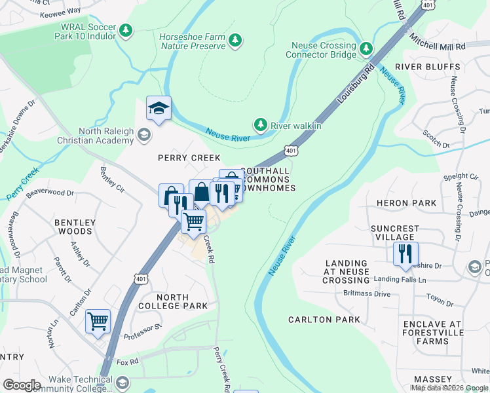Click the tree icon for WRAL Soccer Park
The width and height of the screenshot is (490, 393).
[x=126, y=30]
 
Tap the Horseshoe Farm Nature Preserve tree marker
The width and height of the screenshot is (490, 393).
[x=235, y=41]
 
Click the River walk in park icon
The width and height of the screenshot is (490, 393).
[x=261, y=124]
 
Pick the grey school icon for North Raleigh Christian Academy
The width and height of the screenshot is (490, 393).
[x=143, y=136]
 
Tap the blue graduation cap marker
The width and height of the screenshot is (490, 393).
[x=158, y=109]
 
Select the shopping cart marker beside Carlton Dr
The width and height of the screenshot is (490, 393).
[x=98, y=322]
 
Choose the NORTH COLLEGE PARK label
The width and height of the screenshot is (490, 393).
[x=173, y=301]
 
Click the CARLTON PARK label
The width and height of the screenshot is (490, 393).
[x=324, y=320]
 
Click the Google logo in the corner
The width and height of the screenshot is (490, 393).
[x=22, y=385]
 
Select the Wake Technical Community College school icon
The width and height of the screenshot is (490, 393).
[x=122, y=383]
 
